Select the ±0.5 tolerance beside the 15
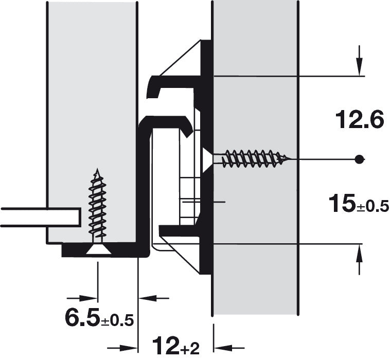(373, 206)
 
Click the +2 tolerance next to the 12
(191, 349)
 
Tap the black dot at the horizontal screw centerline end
(359, 159)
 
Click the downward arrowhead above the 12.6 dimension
(359, 66)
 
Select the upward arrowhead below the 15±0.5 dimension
(359, 254)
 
